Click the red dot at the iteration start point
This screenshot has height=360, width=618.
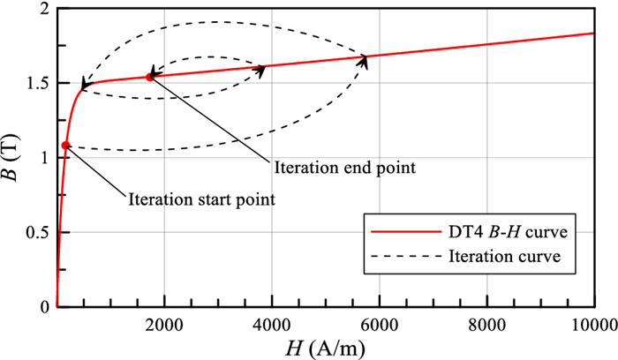click(66, 145)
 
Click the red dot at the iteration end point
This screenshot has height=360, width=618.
click(149, 77)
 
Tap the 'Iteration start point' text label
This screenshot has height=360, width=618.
click(202, 199)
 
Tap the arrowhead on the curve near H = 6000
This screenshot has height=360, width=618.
click(365, 57)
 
